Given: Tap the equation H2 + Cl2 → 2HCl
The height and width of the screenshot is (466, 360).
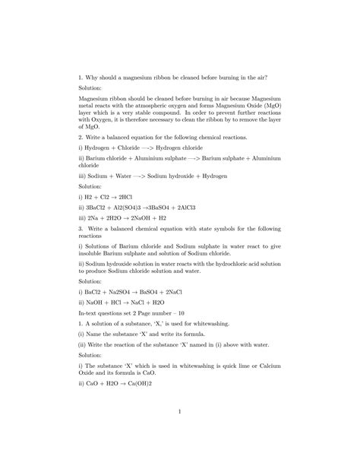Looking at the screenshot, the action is coord(110,196).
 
